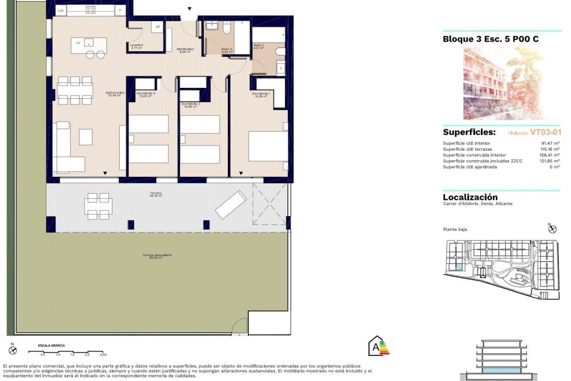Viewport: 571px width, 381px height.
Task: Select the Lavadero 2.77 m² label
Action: coord(137,46)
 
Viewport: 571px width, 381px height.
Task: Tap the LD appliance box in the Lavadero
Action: coord(157,26)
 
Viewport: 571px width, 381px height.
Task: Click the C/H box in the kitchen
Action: coord(61,11)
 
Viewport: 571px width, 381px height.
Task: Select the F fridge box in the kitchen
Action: coord(120,11)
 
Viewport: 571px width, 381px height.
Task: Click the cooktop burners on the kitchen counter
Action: coord(90,10)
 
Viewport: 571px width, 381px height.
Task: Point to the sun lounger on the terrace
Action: coord(231,204)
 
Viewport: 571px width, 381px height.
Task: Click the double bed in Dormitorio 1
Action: coord(268,146)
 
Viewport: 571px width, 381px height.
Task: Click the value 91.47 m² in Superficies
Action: coord(550,143)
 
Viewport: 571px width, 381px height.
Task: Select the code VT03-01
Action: coord(545,132)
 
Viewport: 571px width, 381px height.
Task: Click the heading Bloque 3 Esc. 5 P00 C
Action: coord(491,39)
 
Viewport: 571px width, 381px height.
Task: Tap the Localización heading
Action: coord(470,197)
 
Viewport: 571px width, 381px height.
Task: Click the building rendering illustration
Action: coord(503,83)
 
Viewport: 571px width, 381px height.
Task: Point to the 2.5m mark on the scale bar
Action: coord(103,355)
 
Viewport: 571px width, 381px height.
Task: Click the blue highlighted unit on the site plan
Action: coord(459,267)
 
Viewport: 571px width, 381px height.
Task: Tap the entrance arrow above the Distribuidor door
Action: coord(189,9)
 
